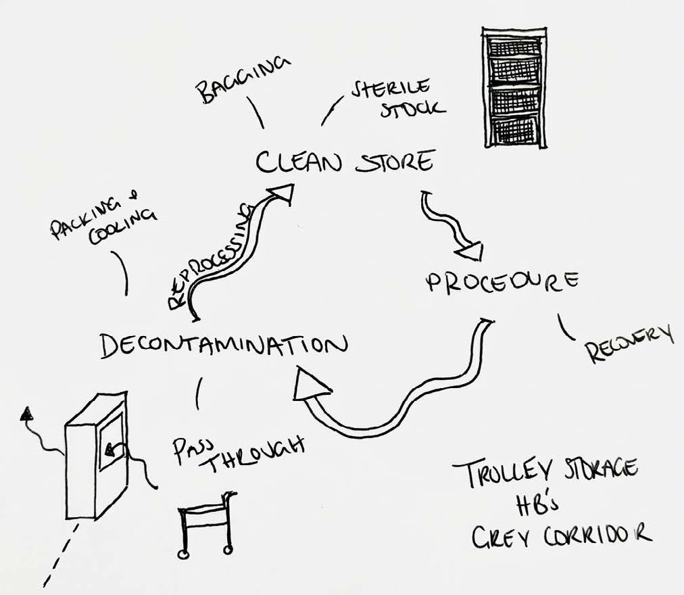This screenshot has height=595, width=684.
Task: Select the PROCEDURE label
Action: [x=502, y=282]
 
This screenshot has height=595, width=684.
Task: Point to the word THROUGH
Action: [x=253, y=455]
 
